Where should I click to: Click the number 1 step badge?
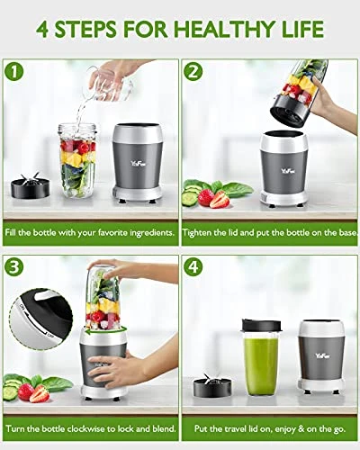(x=13, y=72)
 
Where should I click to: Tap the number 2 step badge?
(x=193, y=72)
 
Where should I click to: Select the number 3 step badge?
(x=13, y=266)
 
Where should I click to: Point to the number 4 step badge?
(x=193, y=266)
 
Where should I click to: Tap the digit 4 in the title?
(x=43, y=29)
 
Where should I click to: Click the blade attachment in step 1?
(x=31, y=185)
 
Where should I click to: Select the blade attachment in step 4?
(x=213, y=385)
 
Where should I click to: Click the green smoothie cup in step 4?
(x=262, y=357)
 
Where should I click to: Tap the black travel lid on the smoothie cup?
(x=262, y=327)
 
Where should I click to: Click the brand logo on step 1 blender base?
(x=139, y=164)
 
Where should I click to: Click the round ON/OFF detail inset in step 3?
(x=42, y=319)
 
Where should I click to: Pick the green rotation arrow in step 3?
(x=105, y=331)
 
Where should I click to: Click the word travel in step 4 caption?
(x=228, y=428)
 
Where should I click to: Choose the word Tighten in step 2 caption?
(x=197, y=233)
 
